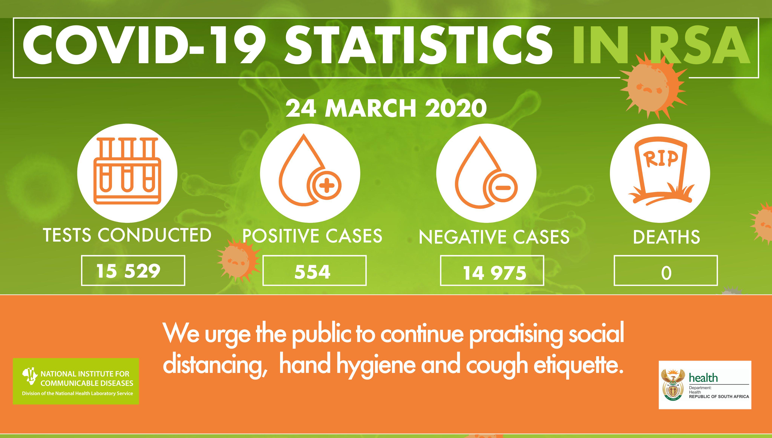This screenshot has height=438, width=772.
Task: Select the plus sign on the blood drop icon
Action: pos(326,185)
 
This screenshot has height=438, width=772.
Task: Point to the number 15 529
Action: pos(128,271)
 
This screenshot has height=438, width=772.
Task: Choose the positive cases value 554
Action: pos(312,272)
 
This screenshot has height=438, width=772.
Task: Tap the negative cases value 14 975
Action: pos(494,273)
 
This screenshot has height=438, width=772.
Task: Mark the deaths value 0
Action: pos(666,273)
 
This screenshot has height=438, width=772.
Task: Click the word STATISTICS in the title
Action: pos(418,45)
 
